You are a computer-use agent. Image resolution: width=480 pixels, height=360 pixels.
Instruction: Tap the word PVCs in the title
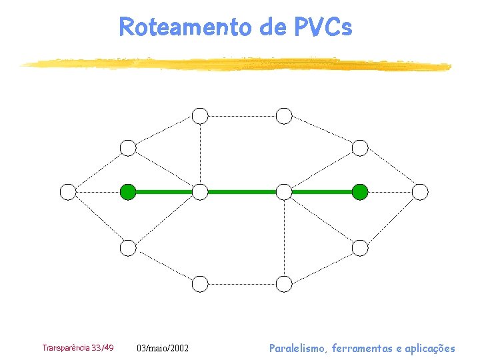click(322, 27)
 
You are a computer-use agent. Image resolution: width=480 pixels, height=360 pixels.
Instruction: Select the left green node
click(128, 192)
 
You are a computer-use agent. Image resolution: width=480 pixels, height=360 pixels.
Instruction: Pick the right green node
click(360, 192)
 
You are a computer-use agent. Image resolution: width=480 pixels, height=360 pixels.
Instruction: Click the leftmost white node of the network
click(68, 192)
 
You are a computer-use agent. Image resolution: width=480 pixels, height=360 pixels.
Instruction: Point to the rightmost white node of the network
click(420, 192)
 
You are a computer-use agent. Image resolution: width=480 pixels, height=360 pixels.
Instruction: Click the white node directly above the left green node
click(128, 148)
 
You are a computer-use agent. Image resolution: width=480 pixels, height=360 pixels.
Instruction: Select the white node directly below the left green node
click(128, 248)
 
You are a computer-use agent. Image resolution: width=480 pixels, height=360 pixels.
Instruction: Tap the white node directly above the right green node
click(360, 148)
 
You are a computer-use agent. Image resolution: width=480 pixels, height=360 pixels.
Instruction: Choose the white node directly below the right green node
click(360, 248)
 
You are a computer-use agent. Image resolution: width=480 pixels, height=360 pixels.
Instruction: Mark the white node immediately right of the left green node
click(200, 192)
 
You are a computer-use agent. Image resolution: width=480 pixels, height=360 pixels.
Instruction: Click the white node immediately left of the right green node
click(284, 192)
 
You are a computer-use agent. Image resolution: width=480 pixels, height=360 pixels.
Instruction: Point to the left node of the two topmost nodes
click(200, 116)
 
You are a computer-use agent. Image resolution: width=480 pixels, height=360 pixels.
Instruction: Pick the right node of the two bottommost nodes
click(284, 284)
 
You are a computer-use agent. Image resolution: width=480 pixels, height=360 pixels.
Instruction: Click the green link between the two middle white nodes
click(242, 192)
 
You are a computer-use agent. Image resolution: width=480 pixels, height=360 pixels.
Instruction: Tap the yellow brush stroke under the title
click(233, 64)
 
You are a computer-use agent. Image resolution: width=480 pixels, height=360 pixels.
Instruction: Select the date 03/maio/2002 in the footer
click(163, 349)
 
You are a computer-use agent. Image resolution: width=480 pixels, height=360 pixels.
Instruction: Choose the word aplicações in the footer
click(429, 348)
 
